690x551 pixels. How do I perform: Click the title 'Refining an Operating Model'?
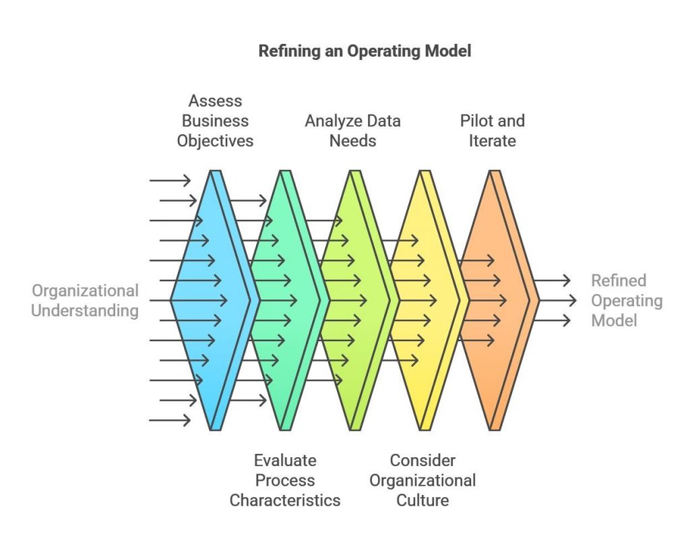click(365, 51)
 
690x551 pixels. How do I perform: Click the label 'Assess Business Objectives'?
click(215, 121)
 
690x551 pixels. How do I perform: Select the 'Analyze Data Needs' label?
click(353, 131)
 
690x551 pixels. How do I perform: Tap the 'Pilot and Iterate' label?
click(493, 131)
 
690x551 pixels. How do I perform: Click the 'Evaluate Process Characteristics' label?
click(285, 481)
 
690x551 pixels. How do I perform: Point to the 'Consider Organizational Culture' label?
click(422, 481)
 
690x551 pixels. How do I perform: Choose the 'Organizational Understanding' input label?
click(85, 301)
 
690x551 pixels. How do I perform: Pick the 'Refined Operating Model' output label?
click(627, 300)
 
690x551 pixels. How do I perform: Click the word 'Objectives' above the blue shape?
click(215, 141)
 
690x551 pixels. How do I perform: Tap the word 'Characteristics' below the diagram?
click(285, 500)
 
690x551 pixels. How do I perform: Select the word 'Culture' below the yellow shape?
click(422, 500)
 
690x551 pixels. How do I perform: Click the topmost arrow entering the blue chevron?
click(170, 180)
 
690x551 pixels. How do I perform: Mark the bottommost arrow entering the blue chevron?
click(170, 420)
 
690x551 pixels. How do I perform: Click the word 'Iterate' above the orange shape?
click(493, 141)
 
